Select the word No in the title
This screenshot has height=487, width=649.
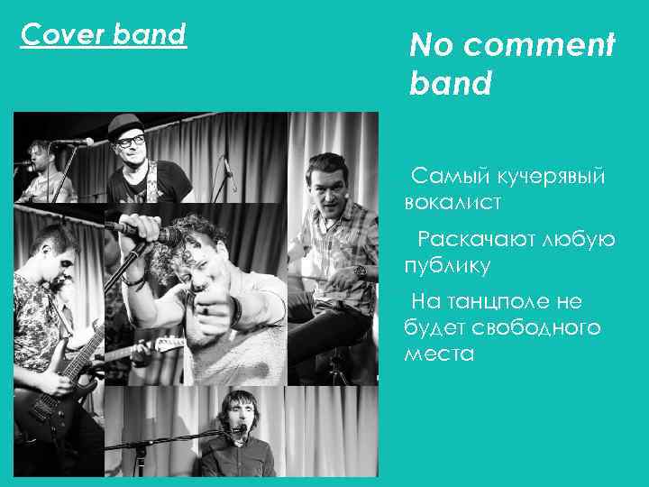click(431, 44)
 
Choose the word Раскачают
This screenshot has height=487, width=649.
click(475, 239)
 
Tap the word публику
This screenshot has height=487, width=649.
click(448, 265)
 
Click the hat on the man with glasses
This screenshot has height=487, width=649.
click(127, 124)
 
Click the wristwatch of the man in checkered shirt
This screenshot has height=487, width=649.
click(360, 270)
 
